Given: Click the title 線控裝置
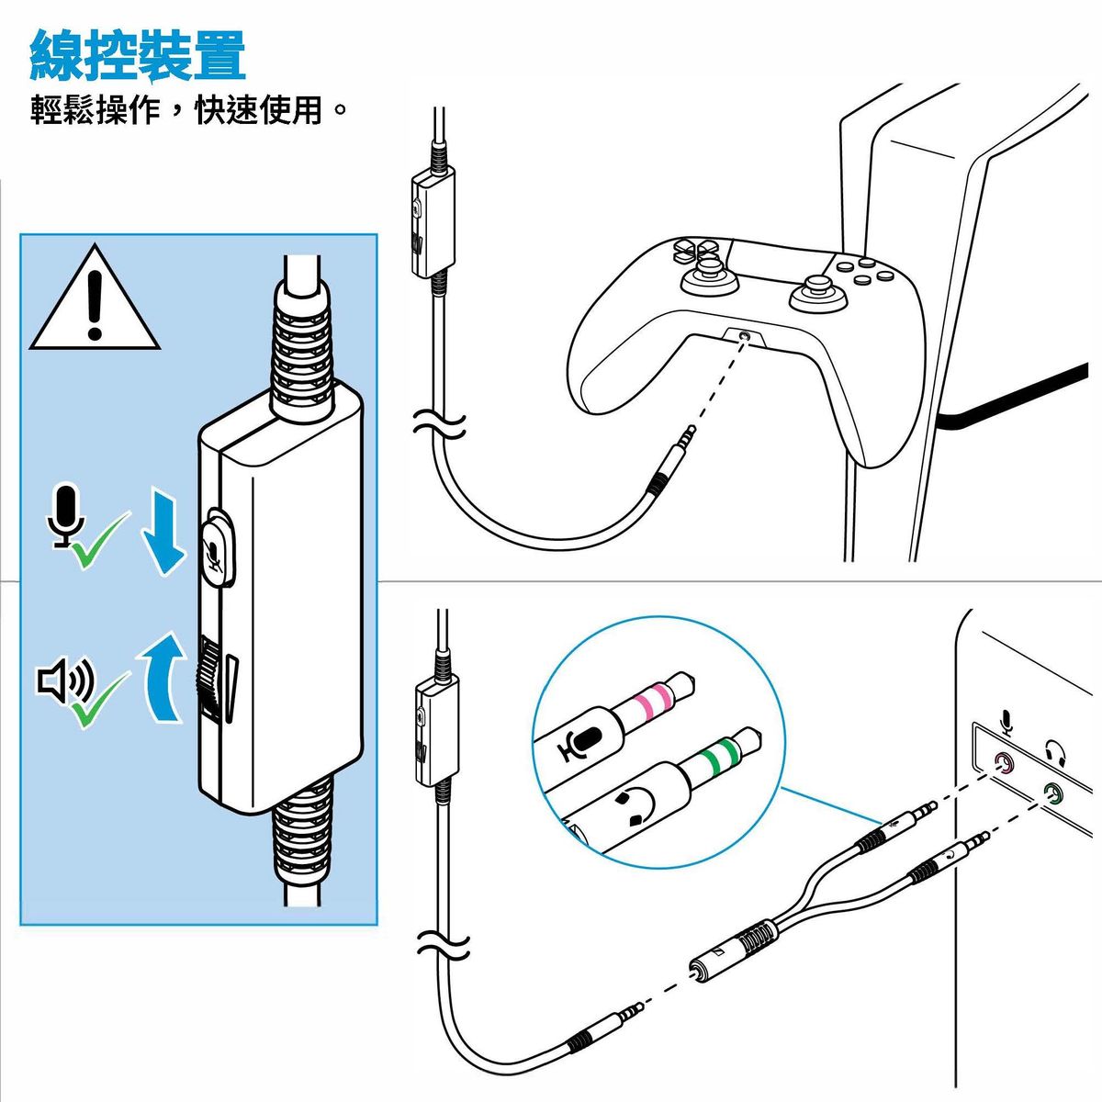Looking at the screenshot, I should point(138,55).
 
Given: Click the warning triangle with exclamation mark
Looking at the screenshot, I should point(95,300).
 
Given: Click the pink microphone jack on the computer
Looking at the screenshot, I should point(1005,762).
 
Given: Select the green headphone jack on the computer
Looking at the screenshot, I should point(1051,791).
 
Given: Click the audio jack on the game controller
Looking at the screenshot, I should point(744,337).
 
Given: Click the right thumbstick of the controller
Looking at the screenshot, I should point(814,293).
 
